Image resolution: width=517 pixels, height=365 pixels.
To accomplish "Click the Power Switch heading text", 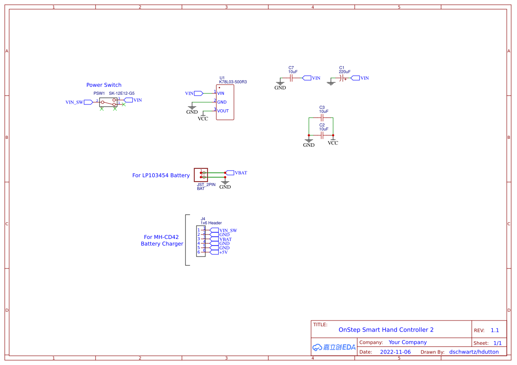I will [104, 85].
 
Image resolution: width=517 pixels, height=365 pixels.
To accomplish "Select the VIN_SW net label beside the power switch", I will [74, 102].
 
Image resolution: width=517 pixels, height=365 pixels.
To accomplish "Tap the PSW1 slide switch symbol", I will [108, 102].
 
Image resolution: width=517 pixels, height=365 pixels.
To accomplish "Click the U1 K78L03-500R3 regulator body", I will [225, 102].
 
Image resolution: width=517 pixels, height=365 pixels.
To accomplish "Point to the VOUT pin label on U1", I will [223, 111].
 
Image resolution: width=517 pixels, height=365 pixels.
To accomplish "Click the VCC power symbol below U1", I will [203, 118].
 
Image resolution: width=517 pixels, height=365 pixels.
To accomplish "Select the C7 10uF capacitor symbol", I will [291, 78].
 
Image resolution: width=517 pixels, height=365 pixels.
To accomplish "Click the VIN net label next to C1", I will [364, 78].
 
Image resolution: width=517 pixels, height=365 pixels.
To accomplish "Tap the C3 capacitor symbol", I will [322, 118].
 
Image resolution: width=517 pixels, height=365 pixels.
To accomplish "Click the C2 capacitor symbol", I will [322, 135].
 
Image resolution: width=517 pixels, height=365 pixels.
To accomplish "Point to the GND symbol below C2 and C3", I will [309, 143].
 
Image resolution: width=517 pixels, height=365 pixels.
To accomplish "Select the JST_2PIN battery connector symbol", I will [201, 175].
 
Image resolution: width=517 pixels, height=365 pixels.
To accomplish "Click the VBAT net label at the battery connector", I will [240, 173].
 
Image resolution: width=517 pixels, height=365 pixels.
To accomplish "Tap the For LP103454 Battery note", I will [161, 175].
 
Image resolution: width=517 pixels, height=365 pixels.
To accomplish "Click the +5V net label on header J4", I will [223, 252].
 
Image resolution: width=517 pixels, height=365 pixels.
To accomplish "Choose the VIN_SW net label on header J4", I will [228, 230].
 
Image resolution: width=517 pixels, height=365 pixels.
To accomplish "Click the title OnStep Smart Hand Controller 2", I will [386, 330].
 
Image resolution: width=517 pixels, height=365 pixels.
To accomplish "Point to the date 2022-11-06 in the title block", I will [395, 352].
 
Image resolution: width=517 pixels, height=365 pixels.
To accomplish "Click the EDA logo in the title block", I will [334, 347].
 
